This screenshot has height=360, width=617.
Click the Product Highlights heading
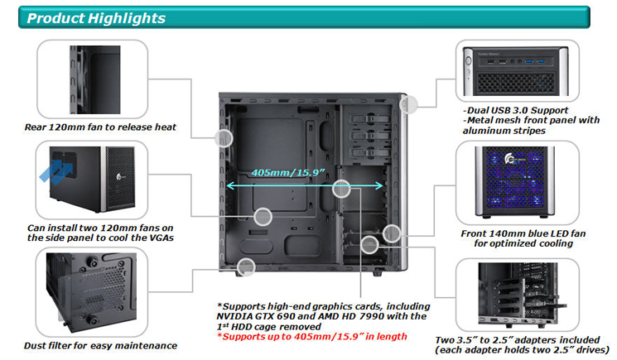[x=96, y=18]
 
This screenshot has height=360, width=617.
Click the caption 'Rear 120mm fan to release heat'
[x=100, y=127]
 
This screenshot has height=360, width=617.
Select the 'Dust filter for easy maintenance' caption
[x=100, y=345]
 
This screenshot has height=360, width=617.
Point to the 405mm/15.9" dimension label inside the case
[x=288, y=172]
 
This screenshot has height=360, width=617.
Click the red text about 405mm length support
[x=312, y=337]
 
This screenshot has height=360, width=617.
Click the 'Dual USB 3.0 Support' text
[x=515, y=110]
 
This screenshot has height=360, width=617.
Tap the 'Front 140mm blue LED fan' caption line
[x=523, y=233]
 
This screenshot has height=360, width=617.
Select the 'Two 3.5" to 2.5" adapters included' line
[x=518, y=340]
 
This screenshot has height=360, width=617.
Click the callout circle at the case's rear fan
[x=224, y=138]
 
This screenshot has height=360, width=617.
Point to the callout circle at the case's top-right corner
[x=408, y=104]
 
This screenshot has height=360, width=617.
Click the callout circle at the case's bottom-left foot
[x=246, y=267]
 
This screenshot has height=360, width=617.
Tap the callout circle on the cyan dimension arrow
[x=341, y=189]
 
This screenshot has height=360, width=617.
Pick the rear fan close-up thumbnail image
[x=95, y=79]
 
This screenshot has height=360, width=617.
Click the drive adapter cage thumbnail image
[x=520, y=294]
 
